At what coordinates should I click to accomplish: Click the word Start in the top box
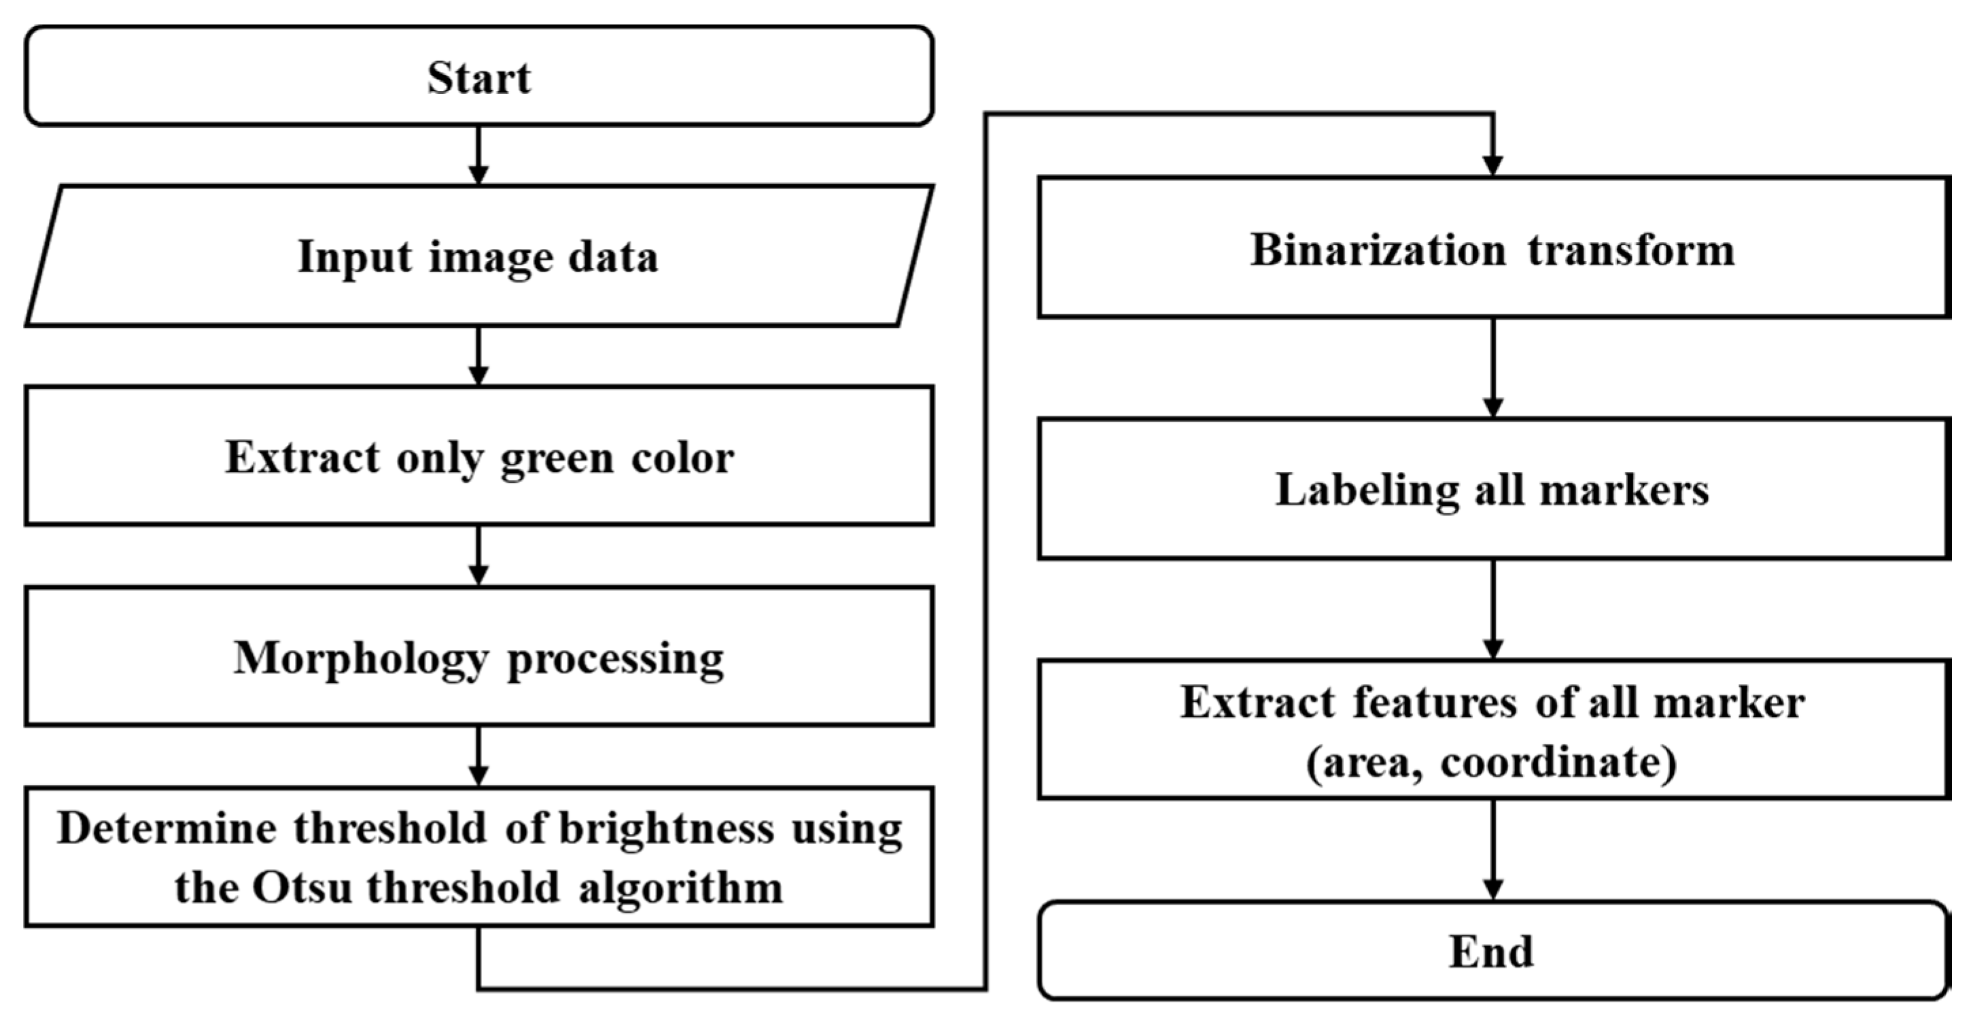coord(478,78)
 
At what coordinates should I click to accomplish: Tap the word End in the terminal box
coord(1490,952)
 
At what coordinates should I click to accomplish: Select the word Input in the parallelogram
coord(355,256)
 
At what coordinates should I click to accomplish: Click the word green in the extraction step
coord(557,459)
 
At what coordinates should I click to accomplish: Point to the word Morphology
coord(361,660)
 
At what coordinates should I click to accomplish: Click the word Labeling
coord(1365,490)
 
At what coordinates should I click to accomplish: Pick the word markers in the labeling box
coord(1624,490)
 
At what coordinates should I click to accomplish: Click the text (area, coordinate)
coord(1490,762)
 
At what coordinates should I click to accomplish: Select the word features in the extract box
coord(1434,703)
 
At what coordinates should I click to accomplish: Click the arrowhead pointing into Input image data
coord(478,175)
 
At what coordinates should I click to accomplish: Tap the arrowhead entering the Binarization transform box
coord(1492,165)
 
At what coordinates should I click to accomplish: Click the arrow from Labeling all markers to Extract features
coord(1492,609)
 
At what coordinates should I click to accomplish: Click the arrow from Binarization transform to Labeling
coord(1492,368)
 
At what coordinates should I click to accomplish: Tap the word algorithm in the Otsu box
coord(681,888)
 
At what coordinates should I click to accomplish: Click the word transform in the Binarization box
coord(1631,250)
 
